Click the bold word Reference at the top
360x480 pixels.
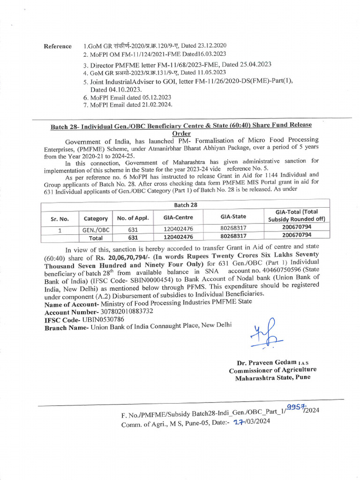[58, 46]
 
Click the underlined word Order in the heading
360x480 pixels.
[181, 133]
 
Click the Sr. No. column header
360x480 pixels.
[60, 218]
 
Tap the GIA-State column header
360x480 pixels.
[233, 217]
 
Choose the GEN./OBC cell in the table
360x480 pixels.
[96, 230]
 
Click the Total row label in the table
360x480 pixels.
[96, 238]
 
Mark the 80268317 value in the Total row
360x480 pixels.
[233, 237]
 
